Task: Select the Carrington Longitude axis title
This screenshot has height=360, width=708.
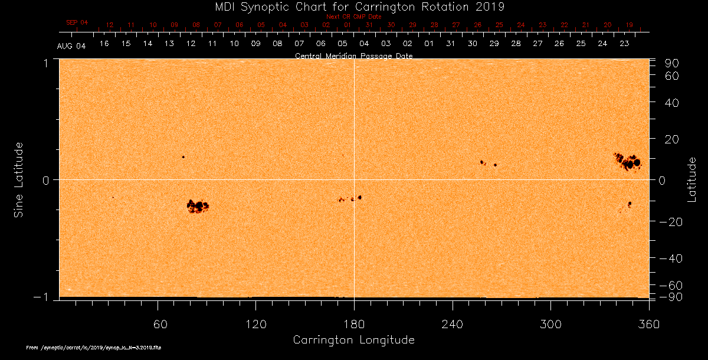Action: point(353,340)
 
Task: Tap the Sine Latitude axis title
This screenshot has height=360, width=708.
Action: point(19,179)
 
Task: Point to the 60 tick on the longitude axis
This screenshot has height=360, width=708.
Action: point(158,323)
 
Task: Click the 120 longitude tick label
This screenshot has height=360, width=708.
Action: point(256,323)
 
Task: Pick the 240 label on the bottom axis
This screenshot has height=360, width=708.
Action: point(453,323)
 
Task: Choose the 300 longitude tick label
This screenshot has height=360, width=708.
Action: point(550,323)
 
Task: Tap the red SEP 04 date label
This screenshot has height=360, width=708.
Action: point(77,22)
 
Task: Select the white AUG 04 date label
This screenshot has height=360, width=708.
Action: point(71,46)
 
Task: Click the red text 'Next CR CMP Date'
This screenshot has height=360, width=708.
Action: point(354,17)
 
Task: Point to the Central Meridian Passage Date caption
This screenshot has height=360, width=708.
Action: point(353,55)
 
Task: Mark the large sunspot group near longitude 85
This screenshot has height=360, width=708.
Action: point(198,206)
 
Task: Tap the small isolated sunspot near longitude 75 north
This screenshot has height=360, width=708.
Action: point(183,157)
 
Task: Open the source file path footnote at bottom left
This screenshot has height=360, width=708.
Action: point(94,348)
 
